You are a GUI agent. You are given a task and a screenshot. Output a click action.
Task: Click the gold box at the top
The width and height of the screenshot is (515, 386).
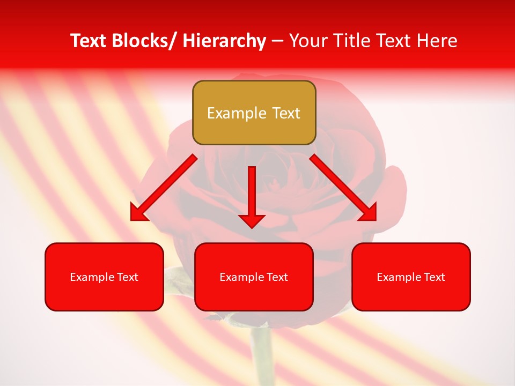click(x=254, y=113)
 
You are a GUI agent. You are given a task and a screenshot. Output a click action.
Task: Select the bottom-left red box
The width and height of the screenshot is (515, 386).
click(x=104, y=277)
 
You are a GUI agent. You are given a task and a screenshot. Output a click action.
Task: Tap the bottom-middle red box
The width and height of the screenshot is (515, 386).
click(x=254, y=277)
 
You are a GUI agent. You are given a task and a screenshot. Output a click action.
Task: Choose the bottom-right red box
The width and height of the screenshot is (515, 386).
click(x=411, y=277)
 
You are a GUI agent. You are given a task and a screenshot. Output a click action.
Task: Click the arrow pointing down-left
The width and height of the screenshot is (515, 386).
click(x=164, y=188)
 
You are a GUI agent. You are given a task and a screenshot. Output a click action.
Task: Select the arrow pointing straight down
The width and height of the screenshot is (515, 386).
click(x=252, y=196)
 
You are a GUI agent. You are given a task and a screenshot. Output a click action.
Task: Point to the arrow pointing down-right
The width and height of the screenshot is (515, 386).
click(x=343, y=188)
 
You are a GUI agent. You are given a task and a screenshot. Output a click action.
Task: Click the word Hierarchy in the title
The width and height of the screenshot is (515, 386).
click(x=224, y=41)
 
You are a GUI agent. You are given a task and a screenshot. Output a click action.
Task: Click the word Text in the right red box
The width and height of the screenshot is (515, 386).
click(x=434, y=277)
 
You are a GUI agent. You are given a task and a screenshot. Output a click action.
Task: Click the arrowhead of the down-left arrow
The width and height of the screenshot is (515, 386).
click(x=139, y=213)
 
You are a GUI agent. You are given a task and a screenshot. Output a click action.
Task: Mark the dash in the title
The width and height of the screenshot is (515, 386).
click(x=277, y=41)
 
